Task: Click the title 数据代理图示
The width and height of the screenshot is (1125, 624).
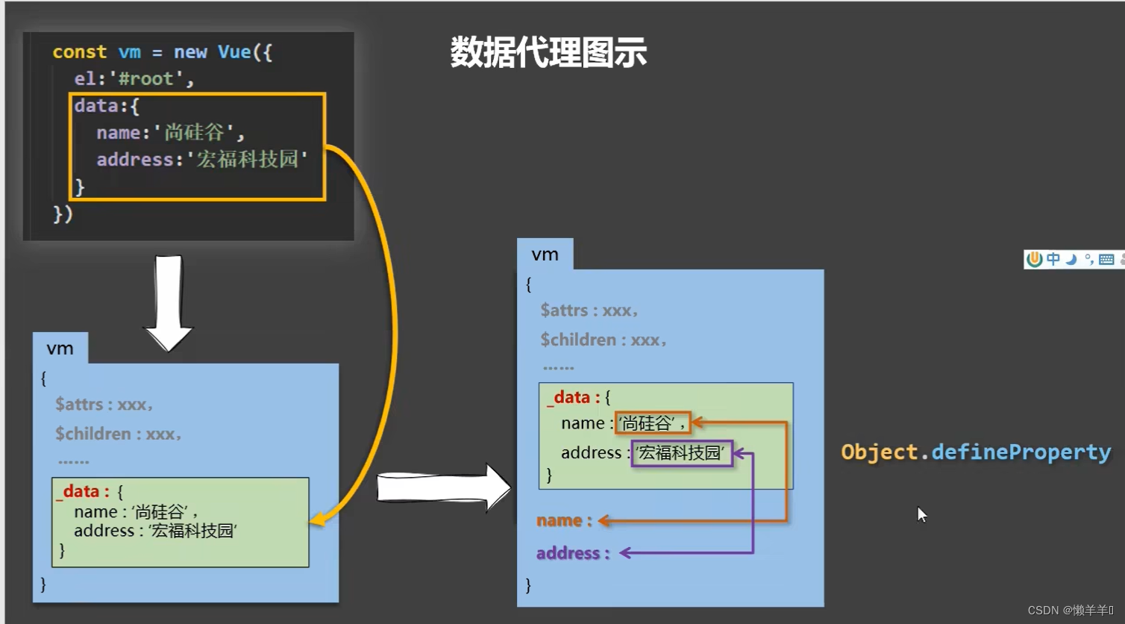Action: [548, 53]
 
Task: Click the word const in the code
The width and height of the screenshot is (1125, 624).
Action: [79, 52]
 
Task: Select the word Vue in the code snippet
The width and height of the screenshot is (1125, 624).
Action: [234, 52]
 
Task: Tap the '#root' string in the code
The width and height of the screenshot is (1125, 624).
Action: [145, 79]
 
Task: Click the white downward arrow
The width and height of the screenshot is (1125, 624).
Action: [169, 302]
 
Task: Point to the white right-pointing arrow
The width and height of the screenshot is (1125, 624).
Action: [443, 488]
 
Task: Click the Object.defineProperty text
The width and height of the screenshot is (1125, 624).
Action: [976, 452]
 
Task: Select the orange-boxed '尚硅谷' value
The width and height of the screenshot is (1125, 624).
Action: [652, 423]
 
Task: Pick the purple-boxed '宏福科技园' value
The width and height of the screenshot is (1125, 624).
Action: [682, 453]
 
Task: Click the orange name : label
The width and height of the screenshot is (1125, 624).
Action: [564, 521]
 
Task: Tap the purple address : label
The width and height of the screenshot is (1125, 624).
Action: [572, 553]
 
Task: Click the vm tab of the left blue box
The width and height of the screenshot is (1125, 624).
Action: [60, 349]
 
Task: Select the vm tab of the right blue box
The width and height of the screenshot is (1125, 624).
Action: [545, 255]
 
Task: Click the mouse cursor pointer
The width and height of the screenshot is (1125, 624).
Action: [921, 514]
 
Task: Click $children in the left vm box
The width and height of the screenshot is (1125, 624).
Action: [93, 434]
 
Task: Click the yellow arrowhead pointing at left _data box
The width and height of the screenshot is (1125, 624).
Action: [317, 520]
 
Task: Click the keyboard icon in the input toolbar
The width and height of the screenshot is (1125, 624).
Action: [1106, 259]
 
